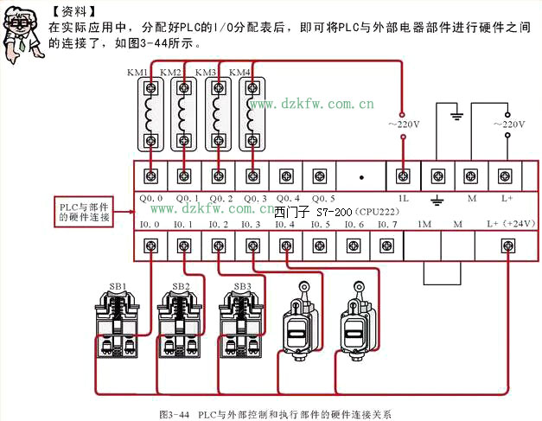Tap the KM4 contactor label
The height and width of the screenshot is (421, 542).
[x=240, y=72]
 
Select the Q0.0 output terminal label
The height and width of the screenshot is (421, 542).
[x=150, y=198]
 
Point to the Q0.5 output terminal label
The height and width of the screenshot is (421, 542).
[x=321, y=198]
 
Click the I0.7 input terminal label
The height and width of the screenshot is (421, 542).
[x=387, y=224]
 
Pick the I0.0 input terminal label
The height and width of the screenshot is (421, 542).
[x=150, y=224]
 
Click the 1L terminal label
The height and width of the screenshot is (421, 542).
[x=403, y=198]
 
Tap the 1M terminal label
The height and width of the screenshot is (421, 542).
[x=424, y=224]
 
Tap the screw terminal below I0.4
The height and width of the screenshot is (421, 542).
[x=285, y=246]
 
